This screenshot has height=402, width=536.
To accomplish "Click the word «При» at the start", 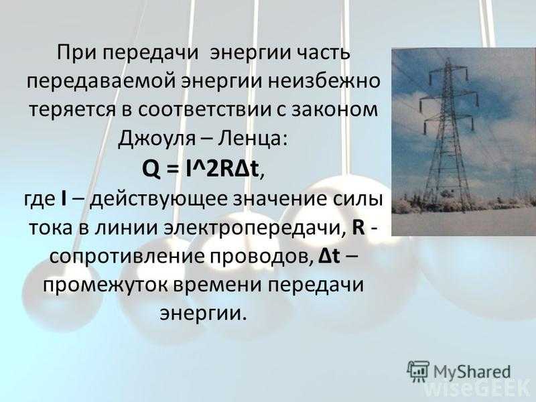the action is (74, 53).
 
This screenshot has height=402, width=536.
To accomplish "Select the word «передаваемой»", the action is (102, 82).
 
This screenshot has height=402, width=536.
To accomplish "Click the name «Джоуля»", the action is (157, 139).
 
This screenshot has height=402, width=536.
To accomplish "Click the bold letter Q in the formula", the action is (151, 168).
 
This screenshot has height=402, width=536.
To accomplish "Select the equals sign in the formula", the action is (174, 169).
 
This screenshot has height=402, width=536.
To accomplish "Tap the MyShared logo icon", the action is (418, 371).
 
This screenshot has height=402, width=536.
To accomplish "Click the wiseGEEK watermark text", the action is (477, 390).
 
